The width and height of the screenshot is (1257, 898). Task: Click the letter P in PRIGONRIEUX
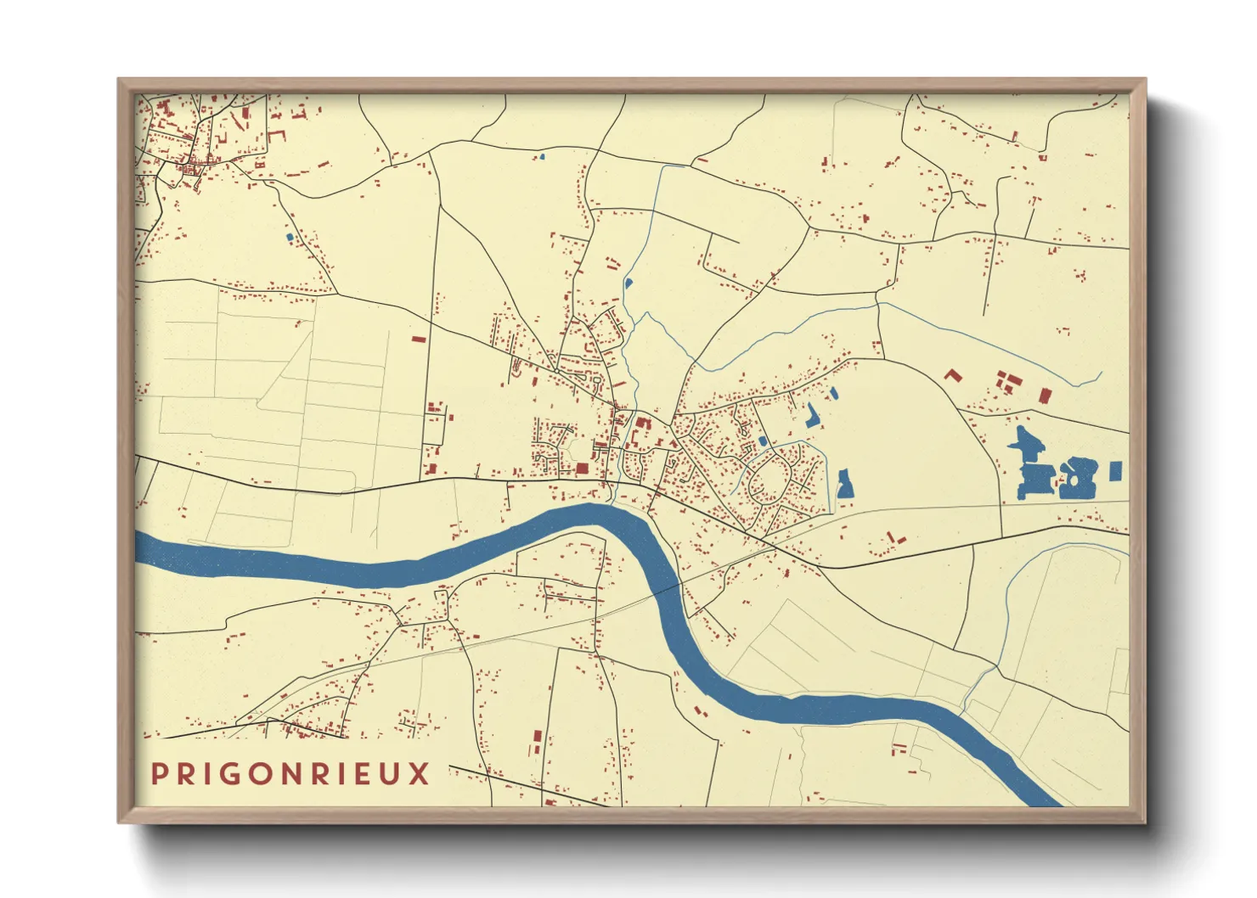(x=159, y=774)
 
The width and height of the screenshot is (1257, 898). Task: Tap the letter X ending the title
(x=420, y=774)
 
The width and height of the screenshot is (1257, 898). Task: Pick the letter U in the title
(x=390, y=774)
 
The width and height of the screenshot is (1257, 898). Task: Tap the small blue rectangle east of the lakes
(x=1115, y=470)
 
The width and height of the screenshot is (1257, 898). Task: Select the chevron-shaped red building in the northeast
(x=953, y=374)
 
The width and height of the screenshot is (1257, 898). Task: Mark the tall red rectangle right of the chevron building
(x=1045, y=396)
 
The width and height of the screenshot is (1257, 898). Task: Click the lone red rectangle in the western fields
(x=418, y=339)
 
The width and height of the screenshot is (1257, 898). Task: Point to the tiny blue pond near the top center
(x=542, y=156)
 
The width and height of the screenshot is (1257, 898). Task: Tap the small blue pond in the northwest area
(x=290, y=237)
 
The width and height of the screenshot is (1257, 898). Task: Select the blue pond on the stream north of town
(x=628, y=283)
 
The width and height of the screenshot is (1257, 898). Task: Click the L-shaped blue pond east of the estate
(x=812, y=415)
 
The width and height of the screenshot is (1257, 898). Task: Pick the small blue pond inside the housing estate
(x=763, y=441)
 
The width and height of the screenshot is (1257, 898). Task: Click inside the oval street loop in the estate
(x=769, y=480)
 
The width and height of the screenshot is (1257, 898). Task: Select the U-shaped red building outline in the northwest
(x=276, y=136)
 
